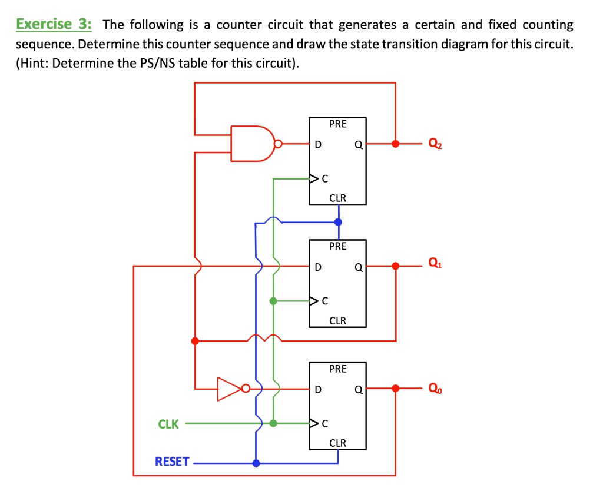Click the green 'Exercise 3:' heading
tap(54, 25)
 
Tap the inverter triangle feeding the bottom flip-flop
tap(230, 389)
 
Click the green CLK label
tap(168, 424)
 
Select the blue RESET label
tap(172, 462)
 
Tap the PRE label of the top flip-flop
tap(337, 124)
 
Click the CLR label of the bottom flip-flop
tap(337, 443)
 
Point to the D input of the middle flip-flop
tap(317, 267)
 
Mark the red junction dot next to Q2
tap(396, 143)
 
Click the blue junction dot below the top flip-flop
tap(337, 222)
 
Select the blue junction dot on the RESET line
tap(256, 463)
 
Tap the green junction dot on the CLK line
tap(273, 423)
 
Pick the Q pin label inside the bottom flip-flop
tap(357, 389)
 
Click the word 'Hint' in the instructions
tap(37, 63)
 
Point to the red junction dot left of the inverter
tap(195, 341)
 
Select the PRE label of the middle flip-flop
tap(337, 246)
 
